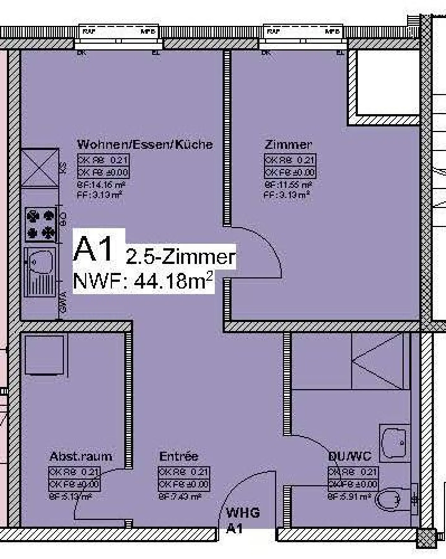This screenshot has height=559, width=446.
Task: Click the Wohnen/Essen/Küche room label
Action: click(145, 145)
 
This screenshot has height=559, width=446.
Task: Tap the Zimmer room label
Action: click(288, 145)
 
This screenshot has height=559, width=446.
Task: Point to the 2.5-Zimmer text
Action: click(180, 257)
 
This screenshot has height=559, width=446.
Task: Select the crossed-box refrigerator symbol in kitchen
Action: click(40, 168)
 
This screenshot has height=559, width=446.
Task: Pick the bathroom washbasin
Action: click(394, 443)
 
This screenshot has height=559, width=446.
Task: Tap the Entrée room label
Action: click(178, 456)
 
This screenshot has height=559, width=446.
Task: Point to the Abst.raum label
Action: click(81, 456)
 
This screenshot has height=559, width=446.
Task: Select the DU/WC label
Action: click(349, 456)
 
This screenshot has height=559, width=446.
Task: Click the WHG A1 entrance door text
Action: click(243, 520)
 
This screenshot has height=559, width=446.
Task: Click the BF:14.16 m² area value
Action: click(101, 185)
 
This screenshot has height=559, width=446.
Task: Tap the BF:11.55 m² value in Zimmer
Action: click(288, 185)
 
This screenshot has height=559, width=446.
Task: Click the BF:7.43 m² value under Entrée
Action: click(180, 496)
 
